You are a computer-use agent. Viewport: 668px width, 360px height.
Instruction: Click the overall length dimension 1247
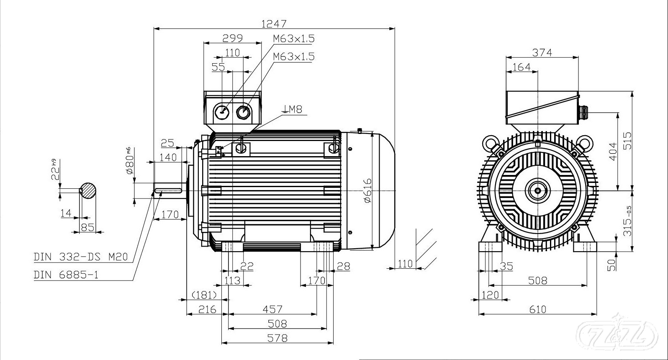tap(274, 23)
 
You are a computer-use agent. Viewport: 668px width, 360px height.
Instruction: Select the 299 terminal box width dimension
tap(232, 38)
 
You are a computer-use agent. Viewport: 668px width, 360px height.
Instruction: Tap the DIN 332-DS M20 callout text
tap(80, 257)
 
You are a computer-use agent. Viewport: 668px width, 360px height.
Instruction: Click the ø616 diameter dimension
tap(367, 190)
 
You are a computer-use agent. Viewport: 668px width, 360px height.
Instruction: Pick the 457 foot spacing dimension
tap(272, 309)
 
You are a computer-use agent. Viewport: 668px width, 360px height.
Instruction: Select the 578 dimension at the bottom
tap(277, 337)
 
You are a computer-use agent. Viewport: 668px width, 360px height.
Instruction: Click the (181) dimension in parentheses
tap(204, 295)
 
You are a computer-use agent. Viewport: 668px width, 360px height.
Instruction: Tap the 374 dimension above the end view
tap(542, 52)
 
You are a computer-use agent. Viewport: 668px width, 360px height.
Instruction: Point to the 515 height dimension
tap(627, 141)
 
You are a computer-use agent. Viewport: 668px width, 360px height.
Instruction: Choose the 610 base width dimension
tap(537, 309)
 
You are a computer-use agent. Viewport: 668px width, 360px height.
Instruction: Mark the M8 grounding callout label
tap(293, 109)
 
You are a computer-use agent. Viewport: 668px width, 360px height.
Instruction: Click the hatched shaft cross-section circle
tap(88, 190)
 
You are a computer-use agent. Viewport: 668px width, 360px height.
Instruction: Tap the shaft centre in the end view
tap(537, 191)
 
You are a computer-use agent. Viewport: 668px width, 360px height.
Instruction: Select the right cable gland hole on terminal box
tap(243, 112)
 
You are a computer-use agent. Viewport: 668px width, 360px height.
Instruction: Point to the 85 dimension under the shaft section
tap(87, 227)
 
